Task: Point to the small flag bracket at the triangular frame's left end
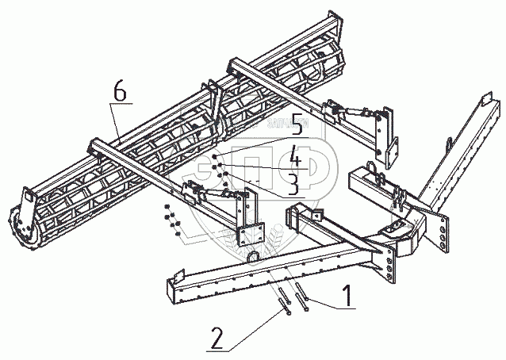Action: tap(316, 214)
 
